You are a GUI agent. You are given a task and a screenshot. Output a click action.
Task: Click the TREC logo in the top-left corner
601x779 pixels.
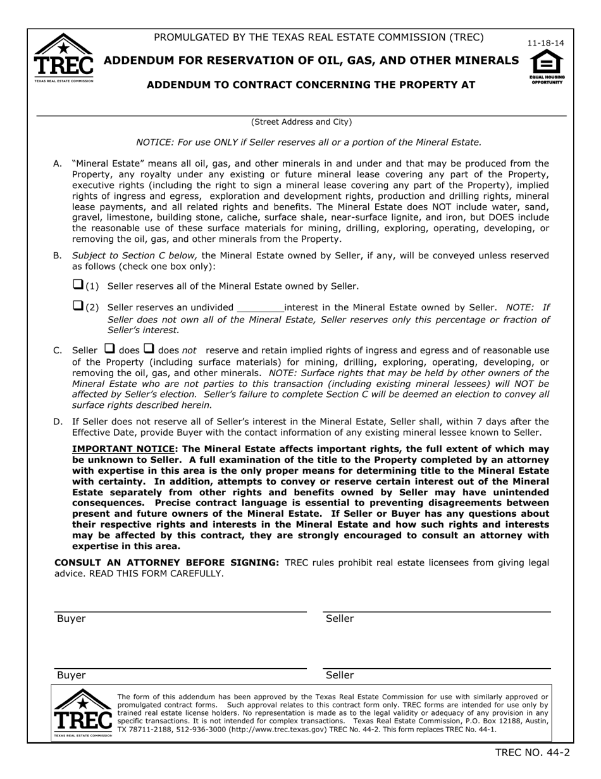click(63, 58)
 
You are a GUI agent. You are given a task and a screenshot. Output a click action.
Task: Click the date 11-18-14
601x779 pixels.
click(546, 43)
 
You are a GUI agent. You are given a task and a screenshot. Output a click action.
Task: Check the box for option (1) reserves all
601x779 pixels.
click(78, 285)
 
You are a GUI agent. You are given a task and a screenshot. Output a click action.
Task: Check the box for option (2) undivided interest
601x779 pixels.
click(78, 307)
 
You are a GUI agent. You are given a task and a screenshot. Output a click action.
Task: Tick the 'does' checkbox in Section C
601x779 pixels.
click(109, 349)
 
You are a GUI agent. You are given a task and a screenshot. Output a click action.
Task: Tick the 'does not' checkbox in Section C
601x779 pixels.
click(149, 349)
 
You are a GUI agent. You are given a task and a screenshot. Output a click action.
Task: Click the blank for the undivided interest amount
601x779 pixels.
click(260, 308)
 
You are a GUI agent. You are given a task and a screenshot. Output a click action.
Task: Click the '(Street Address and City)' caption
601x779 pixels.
click(301, 122)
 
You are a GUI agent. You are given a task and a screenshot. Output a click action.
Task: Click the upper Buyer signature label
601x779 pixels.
click(71, 619)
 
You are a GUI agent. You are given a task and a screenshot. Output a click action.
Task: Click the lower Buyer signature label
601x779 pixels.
click(71, 676)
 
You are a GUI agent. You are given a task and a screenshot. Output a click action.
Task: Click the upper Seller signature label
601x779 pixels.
click(340, 619)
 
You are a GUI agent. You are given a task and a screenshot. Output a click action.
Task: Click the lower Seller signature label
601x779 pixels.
click(340, 676)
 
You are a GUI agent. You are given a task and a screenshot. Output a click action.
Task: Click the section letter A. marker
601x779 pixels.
click(58, 163)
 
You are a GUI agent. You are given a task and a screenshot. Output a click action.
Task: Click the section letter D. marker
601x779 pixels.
click(58, 422)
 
